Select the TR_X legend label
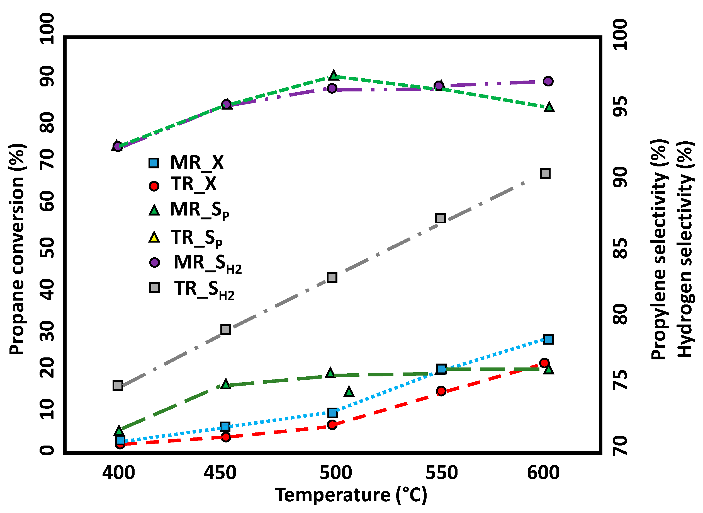[x=193, y=184]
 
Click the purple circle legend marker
[x=154, y=262]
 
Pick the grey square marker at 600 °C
[x=545, y=173]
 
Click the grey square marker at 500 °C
[x=332, y=277]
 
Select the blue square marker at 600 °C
[x=549, y=339]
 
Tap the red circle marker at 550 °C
[x=441, y=391]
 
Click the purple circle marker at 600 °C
[x=548, y=81]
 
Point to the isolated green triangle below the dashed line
[x=349, y=392]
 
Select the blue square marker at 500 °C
[x=333, y=413]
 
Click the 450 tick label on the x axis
[x=220, y=473]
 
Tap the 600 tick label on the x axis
[x=543, y=473]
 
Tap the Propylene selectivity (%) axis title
[x=659, y=249]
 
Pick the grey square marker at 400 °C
[x=118, y=386]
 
